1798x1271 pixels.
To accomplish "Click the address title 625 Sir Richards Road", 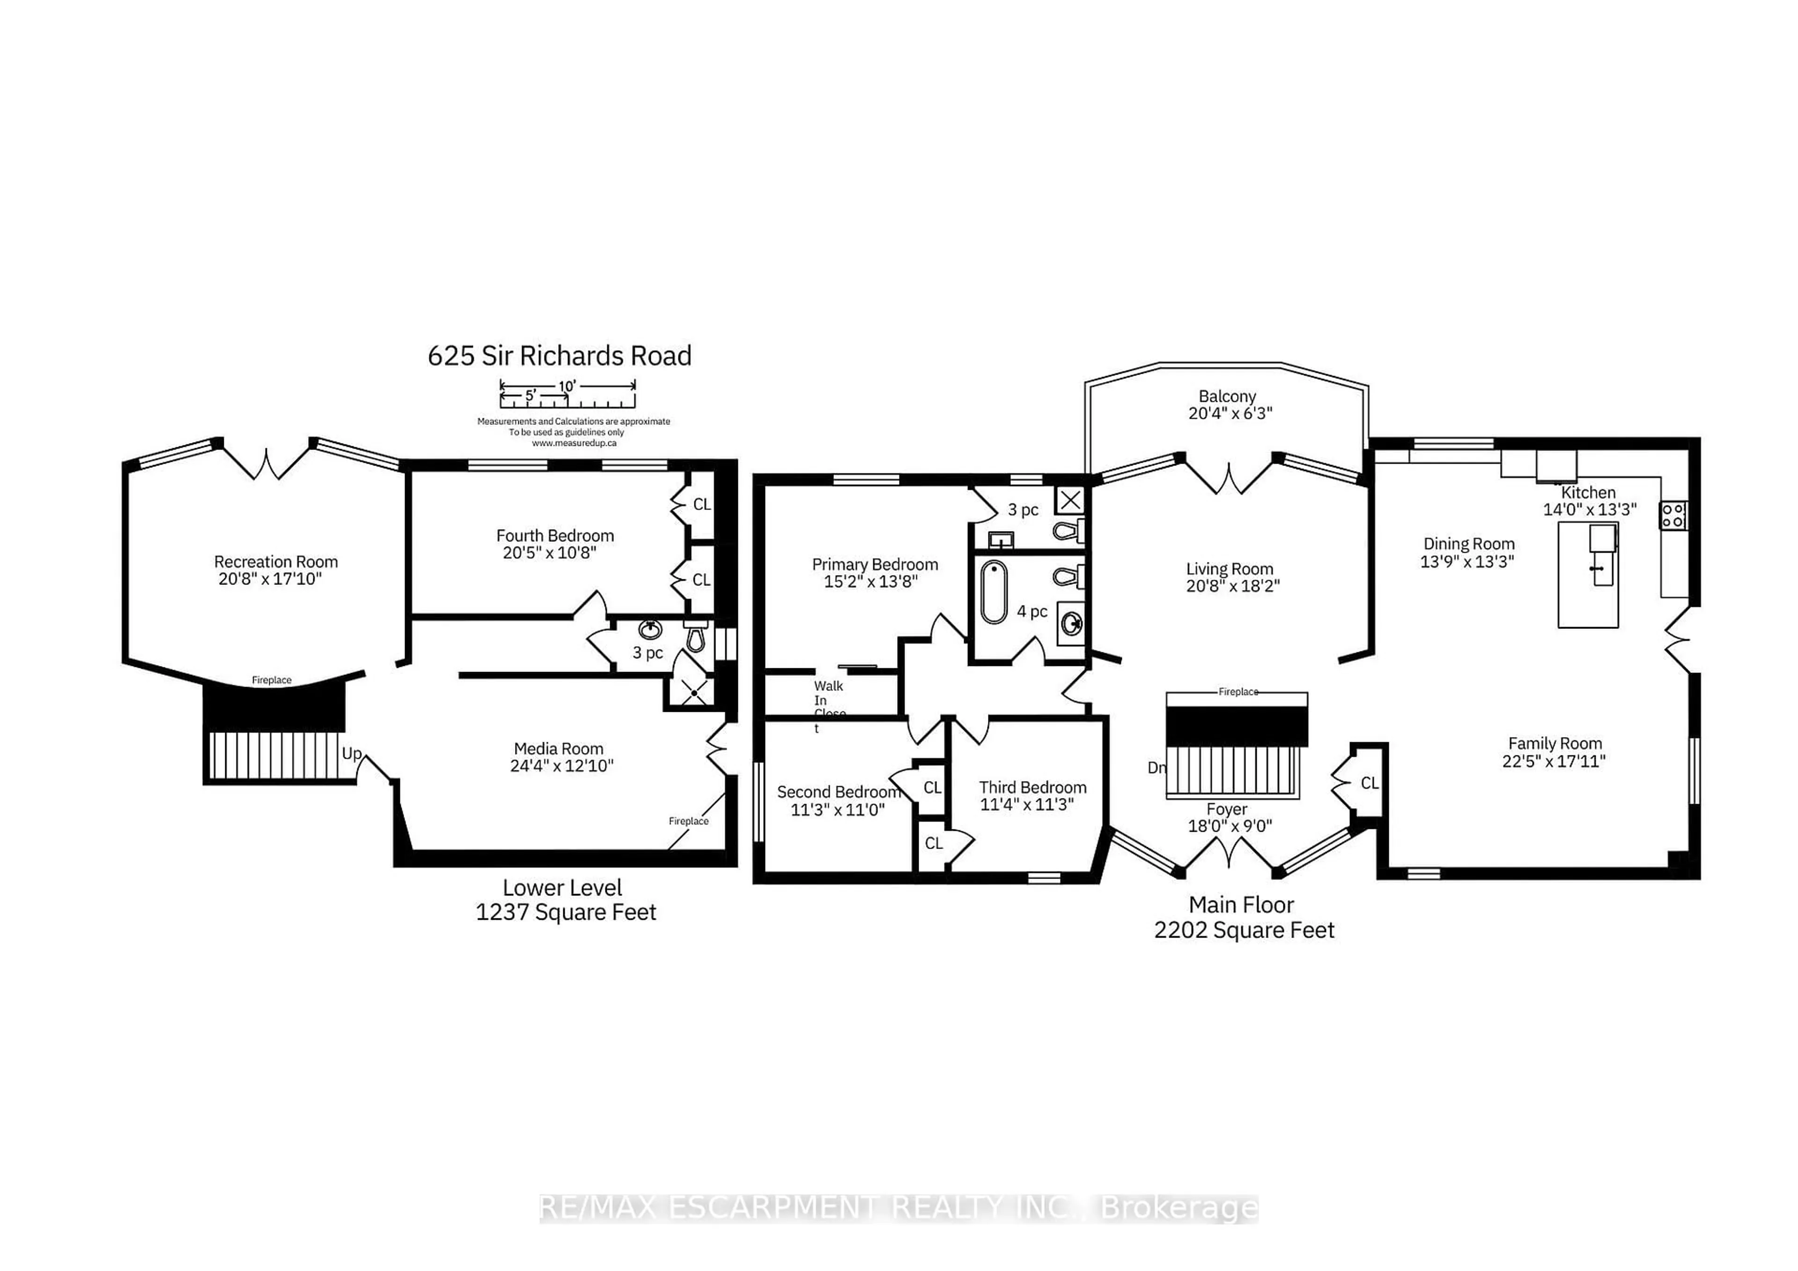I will tap(559, 356).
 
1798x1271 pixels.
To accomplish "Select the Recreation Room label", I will tap(276, 562).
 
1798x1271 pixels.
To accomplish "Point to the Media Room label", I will tap(558, 749).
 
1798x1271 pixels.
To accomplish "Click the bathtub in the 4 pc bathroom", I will tap(994, 592).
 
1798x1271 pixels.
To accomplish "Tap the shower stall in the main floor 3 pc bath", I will tap(1070, 500).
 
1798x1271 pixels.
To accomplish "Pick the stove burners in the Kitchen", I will tap(1673, 515).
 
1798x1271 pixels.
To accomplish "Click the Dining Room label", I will tap(1468, 544).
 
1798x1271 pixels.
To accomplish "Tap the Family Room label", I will tap(1555, 743).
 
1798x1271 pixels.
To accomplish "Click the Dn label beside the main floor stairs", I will tap(1156, 768).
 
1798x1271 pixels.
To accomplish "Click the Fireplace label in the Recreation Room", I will tap(271, 680).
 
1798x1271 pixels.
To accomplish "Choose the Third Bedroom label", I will tap(1032, 787).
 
